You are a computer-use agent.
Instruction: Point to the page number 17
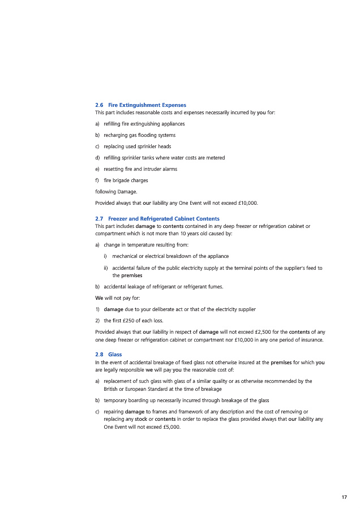[344, 497]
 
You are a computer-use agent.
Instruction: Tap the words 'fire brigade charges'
[126, 180]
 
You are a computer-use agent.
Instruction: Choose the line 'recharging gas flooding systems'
[139, 135]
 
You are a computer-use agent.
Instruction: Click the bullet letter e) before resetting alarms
[97, 169]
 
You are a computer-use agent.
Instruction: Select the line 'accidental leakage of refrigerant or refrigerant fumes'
[164, 287]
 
